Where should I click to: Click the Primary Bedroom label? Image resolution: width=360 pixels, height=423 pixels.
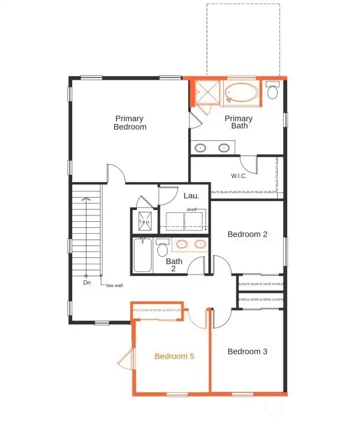tap(130, 122)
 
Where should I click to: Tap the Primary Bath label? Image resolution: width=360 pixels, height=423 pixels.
tap(239, 122)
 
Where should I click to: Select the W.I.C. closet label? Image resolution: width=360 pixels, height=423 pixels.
tap(239, 176)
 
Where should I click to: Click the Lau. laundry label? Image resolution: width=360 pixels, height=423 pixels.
tap(191, 195)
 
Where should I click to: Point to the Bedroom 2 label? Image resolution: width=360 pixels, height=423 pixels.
tap(247, 234)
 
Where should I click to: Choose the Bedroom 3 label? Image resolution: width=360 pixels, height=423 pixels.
tap(247, 351)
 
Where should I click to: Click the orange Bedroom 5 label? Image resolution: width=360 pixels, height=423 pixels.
tap(175, 356)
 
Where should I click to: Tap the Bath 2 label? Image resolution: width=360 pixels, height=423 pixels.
tap(174, 264)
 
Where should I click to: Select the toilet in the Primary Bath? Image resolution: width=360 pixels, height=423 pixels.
tap(272, 91)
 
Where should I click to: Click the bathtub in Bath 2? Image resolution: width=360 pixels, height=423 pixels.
tap(143, 255)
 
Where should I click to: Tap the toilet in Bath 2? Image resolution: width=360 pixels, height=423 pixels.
tap(162, 248)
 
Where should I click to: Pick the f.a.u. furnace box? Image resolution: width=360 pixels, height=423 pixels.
tap(144, 222)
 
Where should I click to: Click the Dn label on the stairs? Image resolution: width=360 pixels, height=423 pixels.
tap(86, 283)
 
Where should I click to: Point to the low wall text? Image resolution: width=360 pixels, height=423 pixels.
tap(114, 285)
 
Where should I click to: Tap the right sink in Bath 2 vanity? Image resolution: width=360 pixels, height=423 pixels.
tap(200, 244)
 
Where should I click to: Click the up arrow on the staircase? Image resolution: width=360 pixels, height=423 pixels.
tap(86, 199)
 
